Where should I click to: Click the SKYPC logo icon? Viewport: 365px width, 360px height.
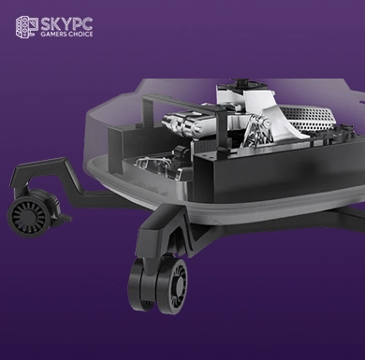click(27, 27)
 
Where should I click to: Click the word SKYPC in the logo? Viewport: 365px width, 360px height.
click(66, 24)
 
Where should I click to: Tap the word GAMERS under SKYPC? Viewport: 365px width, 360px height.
click(53, 35)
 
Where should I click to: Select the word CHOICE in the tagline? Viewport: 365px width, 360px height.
click(80, 35)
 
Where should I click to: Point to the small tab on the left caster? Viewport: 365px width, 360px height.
click(65, 217)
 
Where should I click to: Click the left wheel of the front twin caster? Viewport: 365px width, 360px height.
click(139, 284)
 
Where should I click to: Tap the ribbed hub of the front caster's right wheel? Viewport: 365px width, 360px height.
click(180, 281)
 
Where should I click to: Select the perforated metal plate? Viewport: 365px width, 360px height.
click(306, 119)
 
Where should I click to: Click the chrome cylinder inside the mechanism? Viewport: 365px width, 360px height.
click(184, 124)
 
